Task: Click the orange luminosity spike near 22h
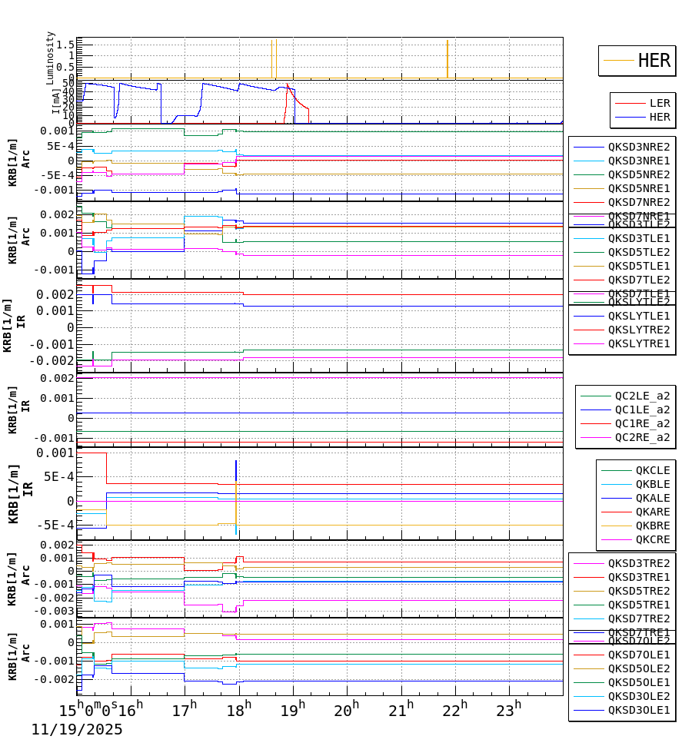click(x=447, y=58)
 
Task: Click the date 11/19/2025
click(x=77, y=730)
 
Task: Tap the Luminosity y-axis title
click(x=51, y=58)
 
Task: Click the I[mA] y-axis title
click(x=56, y=101)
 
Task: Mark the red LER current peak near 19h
click(x=287, y=85)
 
